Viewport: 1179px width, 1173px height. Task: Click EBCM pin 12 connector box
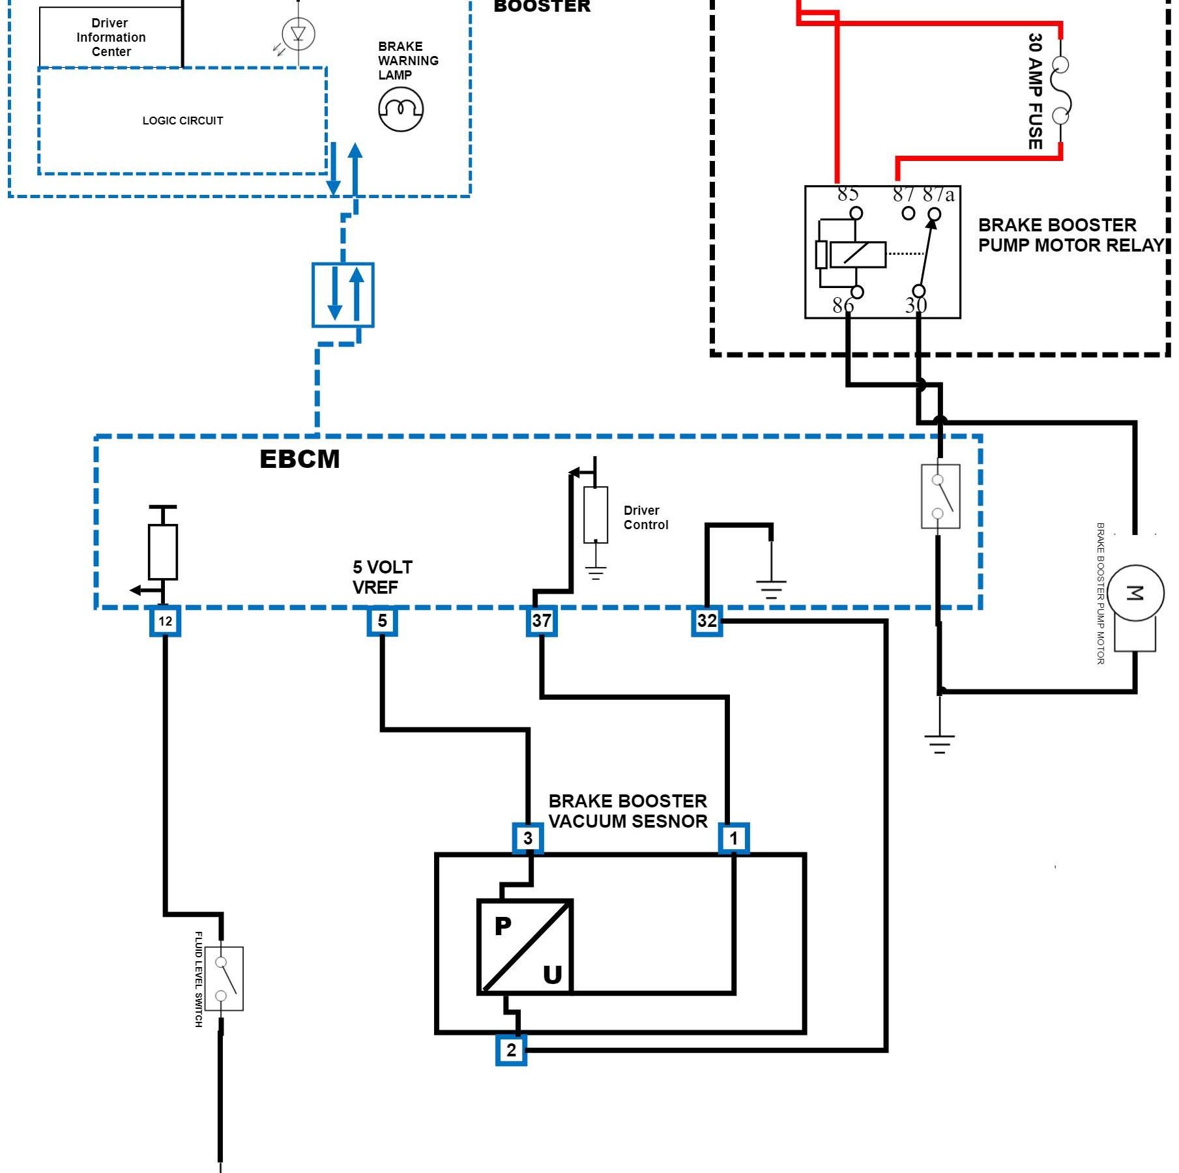[x=165, y=621]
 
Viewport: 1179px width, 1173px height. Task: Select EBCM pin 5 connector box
[x=382, y=620]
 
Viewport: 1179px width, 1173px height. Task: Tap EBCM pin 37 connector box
[x=542, y=620]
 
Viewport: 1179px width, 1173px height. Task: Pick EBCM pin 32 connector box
[x=707, y=620]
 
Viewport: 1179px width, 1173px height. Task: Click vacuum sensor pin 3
[x=528, y=837]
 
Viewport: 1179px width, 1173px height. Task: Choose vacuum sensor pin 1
[x=734, y=838]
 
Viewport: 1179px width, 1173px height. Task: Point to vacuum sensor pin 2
[x=511, y=1050]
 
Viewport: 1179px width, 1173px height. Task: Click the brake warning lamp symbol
[x=401, y=109]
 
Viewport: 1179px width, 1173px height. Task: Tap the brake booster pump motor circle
[x=1135, y=592]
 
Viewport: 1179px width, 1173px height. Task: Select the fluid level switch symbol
[x=224, y=979]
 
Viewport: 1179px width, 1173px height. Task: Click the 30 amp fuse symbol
[x=1060, y=91]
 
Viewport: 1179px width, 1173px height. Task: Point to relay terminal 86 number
[x=843, y=305]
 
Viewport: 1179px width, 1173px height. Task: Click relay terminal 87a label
[x=939, y=194]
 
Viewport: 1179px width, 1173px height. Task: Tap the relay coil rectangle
[x=857, y=254]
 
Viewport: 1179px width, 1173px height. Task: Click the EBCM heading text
[x=300, y=459]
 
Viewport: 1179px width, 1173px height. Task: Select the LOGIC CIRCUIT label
[x=182, y=121]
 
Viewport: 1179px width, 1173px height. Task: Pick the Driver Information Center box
[x=111, y=37]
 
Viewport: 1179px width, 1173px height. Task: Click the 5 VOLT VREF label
[x=382, y=577]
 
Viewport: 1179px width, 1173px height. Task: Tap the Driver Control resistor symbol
[x=596, y=515]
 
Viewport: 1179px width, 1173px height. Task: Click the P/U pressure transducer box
[x=525, y=947]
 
